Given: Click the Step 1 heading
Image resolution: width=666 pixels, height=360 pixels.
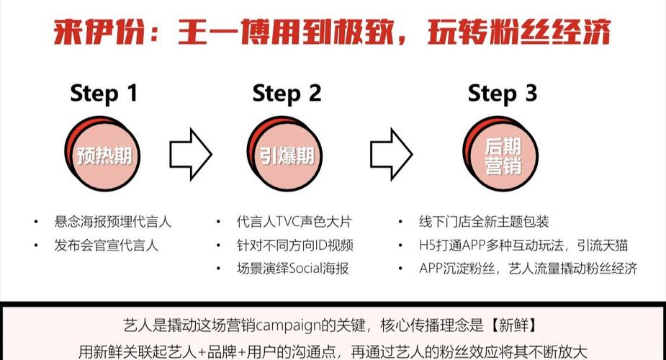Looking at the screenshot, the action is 104,94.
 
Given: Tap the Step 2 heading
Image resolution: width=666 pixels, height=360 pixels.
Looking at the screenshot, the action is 287,94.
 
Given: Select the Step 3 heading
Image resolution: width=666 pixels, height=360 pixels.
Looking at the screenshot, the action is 503,94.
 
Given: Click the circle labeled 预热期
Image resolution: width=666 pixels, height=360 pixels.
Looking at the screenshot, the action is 102,153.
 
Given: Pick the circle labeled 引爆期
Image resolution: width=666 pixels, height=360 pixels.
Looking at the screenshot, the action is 284,153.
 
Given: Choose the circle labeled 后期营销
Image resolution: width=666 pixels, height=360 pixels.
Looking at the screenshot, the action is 500,153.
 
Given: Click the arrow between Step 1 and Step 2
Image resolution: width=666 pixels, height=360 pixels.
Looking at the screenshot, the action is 191,154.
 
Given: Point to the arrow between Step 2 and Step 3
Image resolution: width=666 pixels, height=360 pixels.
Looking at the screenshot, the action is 391,154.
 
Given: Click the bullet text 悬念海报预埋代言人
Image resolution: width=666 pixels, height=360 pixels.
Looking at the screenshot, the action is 112,222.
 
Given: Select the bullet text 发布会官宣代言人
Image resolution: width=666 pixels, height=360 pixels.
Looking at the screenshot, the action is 106,246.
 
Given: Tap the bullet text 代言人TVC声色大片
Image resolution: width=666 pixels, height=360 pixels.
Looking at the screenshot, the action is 294,222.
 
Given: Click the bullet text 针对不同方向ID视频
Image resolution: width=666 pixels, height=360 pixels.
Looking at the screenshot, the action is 295,246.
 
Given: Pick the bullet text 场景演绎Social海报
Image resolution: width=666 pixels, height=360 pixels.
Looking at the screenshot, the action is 292,269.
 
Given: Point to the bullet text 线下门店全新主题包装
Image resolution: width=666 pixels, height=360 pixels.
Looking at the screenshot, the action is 484,222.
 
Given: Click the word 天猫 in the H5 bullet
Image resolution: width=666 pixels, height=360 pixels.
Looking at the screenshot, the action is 615,246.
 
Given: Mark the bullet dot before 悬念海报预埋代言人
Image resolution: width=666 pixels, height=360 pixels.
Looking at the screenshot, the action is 36,222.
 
